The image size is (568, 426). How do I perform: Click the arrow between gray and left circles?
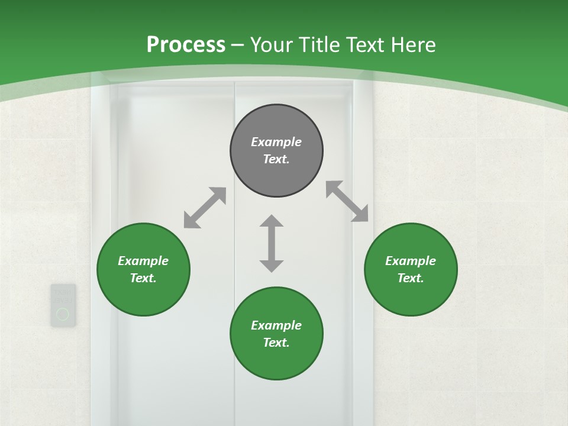tap(205, 208)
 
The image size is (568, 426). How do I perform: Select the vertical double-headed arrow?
tap(272, 244)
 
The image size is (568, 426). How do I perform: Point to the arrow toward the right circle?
tap(347, 202)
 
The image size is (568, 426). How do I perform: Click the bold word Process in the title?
tap(186, 44)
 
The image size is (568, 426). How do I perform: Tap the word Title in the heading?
tap(320, 44)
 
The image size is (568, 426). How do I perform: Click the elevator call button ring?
tap(63, 314)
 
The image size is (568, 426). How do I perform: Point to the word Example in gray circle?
tap(276, 142)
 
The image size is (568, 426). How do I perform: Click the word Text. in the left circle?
tap(143, 278)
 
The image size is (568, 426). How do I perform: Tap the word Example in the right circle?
tap(411, 261)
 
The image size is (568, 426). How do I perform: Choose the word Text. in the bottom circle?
tap(276, 343)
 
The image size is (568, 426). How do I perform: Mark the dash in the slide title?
tap(238, 45)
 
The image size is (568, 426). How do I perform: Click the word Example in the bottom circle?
tap(276, 325)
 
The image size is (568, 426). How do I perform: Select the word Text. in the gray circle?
tap(276, 159)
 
